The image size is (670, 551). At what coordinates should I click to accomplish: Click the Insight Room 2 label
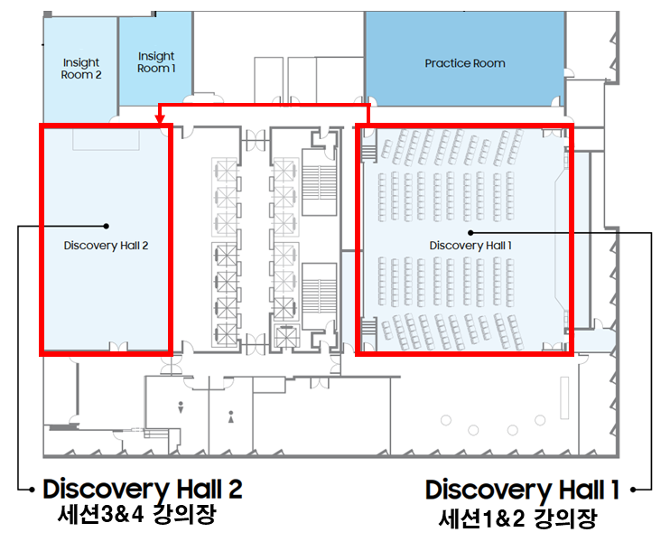click(x=81, y=69)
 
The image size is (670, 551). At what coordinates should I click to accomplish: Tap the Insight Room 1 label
click(x=156, y=62)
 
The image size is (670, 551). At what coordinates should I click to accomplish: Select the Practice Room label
click(x=465, y=63)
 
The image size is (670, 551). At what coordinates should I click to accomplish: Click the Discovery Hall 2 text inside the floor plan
click(x=106, y=246)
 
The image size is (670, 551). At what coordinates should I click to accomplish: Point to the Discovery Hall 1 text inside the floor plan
click(x=470, y=246)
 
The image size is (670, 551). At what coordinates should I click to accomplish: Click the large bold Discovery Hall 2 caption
click(x=143, y=490)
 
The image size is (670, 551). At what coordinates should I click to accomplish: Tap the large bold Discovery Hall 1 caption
click(x=522, y=490)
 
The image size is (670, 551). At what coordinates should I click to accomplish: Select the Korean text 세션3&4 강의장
click(x=136, y=514)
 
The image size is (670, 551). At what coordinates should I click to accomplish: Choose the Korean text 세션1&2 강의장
click(x=517, y=518)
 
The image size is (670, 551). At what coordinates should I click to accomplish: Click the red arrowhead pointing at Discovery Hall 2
click(x=160, y=119)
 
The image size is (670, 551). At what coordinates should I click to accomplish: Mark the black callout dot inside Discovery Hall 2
click(x=106, y=226)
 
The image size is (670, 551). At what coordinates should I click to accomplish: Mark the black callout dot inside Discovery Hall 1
click(x=470, y=233)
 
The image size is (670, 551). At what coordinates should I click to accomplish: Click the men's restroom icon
click(x=181, y=407)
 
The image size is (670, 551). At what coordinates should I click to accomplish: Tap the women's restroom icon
click(x=231, y=416)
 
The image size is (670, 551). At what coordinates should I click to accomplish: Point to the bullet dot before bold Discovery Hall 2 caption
click(x=32, y=490)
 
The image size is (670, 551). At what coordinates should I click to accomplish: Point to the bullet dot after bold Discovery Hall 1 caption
click(x=634, y=490)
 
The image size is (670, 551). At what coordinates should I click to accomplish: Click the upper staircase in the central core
click(x=320, y=182)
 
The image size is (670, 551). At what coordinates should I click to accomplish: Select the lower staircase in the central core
click(x=319, y=296)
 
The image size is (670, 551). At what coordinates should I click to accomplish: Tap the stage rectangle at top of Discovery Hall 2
click(x=106, y=139)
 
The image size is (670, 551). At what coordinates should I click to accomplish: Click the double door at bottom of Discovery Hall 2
click(x=118, y=347)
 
